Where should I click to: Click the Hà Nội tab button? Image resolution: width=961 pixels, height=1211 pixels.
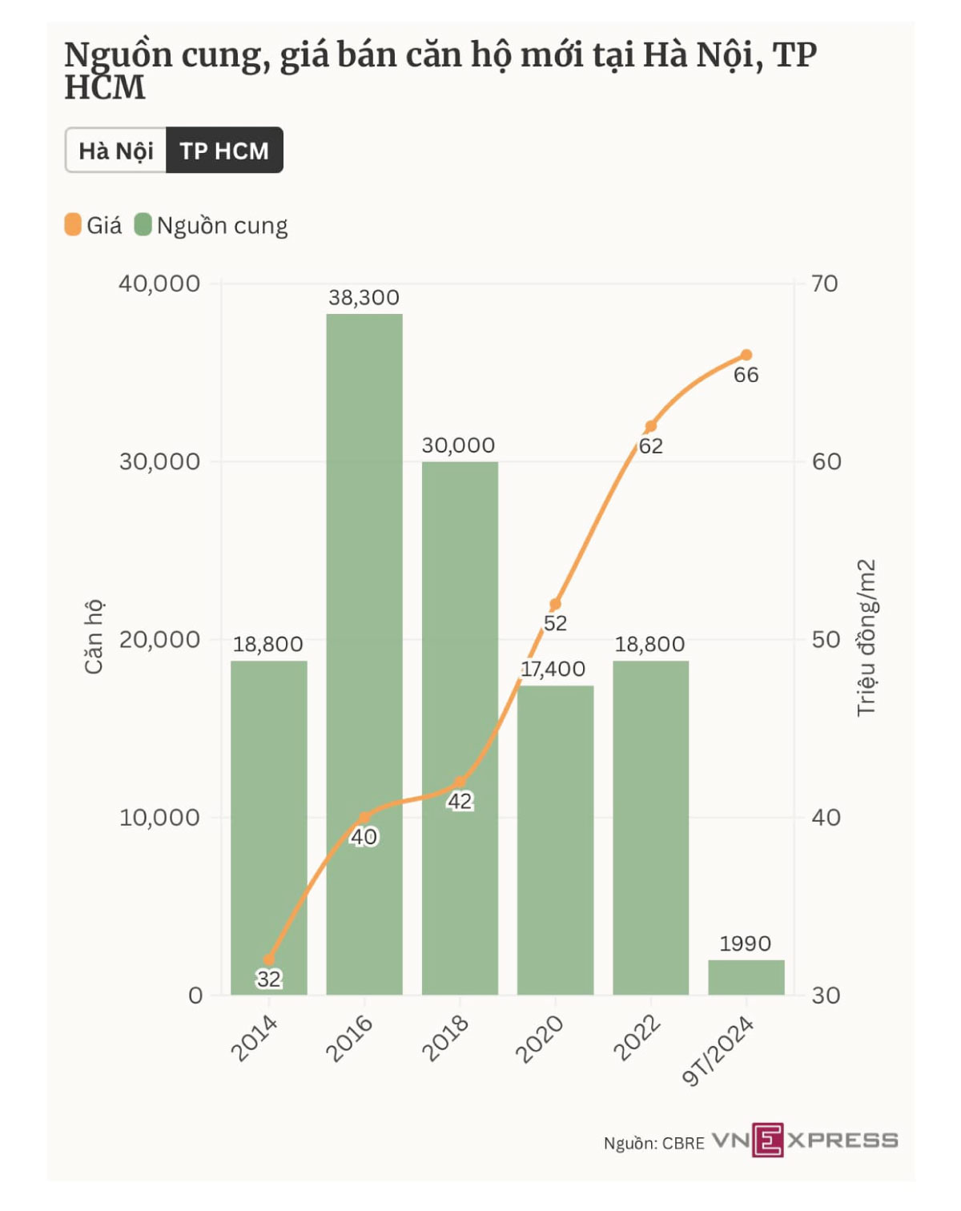pos(116,151)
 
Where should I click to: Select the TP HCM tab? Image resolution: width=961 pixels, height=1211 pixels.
pos(224,151)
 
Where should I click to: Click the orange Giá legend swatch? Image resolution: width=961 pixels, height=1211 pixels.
pos(73,225)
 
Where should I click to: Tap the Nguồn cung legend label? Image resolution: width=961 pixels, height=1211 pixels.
pos(222,226)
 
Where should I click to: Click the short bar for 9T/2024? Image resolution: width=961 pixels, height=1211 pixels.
pos(746,977)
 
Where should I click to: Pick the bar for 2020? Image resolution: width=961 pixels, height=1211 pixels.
pos(555,841)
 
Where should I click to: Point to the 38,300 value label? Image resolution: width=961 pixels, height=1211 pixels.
pos(364,298)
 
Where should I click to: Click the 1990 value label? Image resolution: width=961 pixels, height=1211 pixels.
pos(745,943)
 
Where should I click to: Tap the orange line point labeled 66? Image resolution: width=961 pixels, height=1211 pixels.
pos(746,355)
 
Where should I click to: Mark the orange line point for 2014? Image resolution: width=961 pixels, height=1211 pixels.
pos(269,960)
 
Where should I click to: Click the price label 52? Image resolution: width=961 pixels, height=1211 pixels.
pos(555,623)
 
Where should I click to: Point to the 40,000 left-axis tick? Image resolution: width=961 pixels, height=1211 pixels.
pos(159,284)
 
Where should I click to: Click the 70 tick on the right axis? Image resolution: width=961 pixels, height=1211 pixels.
pos(825,284)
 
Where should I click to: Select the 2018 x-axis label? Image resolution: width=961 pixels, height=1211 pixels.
pos(445,1038)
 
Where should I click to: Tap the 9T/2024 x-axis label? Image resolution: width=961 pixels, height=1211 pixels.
pos(718,1051)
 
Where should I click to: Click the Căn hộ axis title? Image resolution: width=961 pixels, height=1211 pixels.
pos(94,637)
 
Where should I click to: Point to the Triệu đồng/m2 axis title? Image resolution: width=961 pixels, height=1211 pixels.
pos(867,638)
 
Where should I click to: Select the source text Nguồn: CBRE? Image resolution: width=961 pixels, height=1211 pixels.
pos(653,1143)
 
